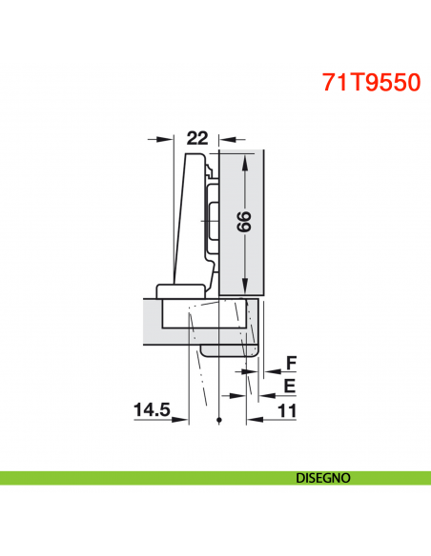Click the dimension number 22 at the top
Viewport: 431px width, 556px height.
pos(196,138)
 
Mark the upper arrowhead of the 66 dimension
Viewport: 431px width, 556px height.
pos(246,162)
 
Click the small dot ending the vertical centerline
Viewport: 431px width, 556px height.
pos(219,420)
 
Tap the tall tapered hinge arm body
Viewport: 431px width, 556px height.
pos(191,219)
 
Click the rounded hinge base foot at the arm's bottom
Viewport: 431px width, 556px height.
pos(180,291)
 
